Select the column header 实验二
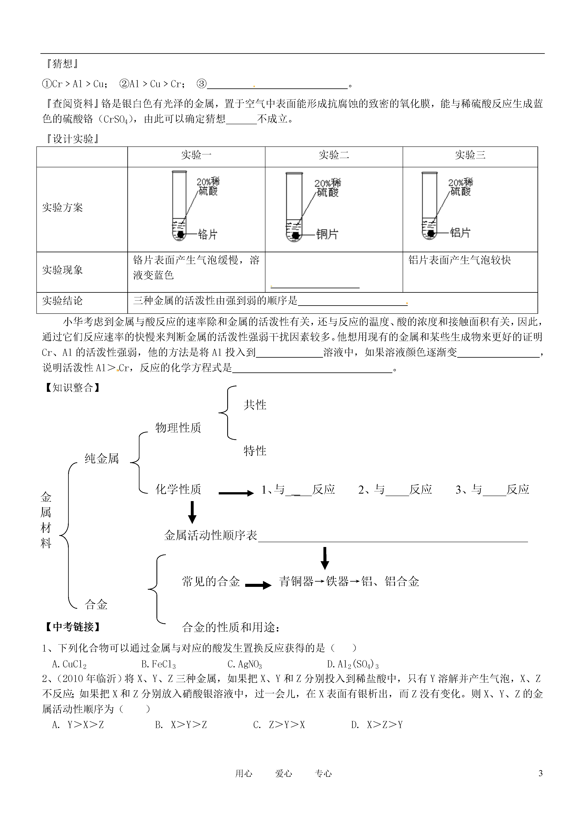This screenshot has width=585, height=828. click(334, 155)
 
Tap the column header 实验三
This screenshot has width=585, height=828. click(470, 155)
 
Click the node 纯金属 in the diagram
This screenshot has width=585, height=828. click(102, 459)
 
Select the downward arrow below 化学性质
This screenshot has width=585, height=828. click(192, 512)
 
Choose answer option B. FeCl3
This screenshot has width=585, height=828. click(159, 665)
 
